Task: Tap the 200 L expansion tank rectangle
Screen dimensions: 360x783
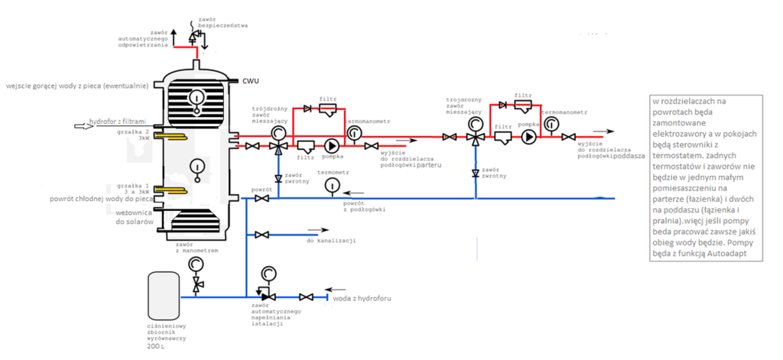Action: coord(165,295)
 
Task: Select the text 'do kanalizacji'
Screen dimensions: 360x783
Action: coord(330,241)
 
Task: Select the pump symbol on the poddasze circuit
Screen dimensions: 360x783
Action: coord(528,137)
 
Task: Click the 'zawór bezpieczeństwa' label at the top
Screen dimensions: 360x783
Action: coord(223,21)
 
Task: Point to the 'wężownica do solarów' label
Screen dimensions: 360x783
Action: coord(135,216)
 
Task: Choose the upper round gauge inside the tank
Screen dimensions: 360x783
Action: coord(197,98)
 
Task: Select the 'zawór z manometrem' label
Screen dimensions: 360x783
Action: coord(197,246)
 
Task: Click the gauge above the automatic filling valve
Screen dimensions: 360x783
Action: coord(268,274)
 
